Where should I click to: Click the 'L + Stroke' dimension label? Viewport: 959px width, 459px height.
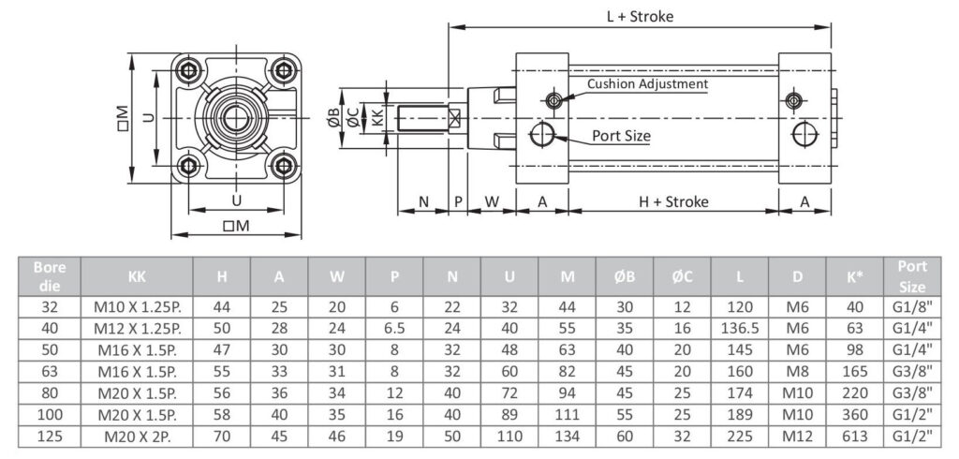click(640, 17)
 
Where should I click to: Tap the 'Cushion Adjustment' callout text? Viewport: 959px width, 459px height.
click(647, 84)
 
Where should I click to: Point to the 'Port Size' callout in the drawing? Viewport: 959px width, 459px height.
click(621, 135)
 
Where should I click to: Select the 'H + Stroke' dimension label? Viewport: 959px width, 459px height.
click(673, 201)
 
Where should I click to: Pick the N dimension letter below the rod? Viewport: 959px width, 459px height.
click(424, 201)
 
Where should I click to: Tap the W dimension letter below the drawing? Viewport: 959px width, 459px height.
click(493, 201)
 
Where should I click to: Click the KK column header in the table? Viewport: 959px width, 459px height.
click(137, 276)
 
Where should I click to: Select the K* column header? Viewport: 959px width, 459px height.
click(855, 276)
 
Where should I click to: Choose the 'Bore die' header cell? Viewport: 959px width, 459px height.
click(50, 276)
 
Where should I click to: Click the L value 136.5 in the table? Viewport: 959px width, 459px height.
click(740, 329)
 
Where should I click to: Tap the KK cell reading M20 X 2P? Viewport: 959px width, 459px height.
click(137, 437)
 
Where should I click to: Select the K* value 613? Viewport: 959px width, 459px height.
click(855, 437)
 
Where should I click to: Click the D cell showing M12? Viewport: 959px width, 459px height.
click(797, 437)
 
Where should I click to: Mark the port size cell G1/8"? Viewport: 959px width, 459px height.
click(912, 307)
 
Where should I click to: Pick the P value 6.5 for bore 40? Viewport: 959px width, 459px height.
click(394, 329)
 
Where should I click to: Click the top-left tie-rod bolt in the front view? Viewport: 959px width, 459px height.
click(189, 70)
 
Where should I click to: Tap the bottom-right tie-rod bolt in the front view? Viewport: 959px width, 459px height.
click(283, 165)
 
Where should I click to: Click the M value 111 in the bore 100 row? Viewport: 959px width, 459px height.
click(567, 415)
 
